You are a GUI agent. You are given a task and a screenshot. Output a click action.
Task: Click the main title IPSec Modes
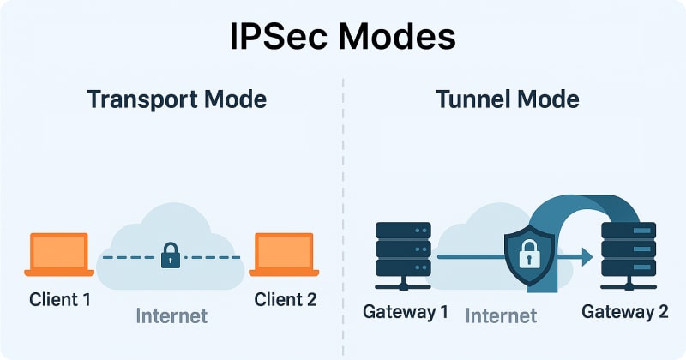pyautogui.click(x=343, y=38)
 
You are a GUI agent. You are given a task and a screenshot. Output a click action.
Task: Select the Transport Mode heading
pyautogui.click(x=177, y=99)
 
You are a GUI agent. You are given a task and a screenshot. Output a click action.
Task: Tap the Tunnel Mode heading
pyautogui.click(x=508, y=99)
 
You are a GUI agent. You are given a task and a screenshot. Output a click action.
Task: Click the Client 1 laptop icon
pyautogui.click(x=59, y=255)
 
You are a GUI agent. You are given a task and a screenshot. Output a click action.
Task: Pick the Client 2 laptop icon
pyautogui.click(x=284, y=255)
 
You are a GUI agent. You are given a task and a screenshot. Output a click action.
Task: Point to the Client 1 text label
pyautogui.click(x=60, y=299)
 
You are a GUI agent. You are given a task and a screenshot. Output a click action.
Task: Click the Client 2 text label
pyautogui.click(x=285, y=299)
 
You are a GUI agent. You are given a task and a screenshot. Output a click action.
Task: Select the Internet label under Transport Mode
pyautogui.click(x=171, y=315)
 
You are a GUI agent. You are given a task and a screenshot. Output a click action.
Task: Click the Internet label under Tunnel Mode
pyautogui.click(x=501, y=315)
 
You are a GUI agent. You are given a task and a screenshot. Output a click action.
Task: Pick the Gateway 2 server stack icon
pyautogui.click(x=629, y=255)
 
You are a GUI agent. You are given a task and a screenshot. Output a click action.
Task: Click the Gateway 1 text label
pyautogui.click(x=406, y=311)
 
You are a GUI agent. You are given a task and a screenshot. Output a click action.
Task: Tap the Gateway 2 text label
pyautogui.click(x=625, y=311)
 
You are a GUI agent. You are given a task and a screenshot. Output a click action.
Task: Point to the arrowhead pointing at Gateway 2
pyautogui.click(x=586, y=255)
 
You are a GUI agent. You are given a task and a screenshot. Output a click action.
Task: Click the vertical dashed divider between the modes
pyautogui.click(x=343, y=214)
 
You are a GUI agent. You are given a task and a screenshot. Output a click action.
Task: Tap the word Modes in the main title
pyautogui.click(x=401, y=38)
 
